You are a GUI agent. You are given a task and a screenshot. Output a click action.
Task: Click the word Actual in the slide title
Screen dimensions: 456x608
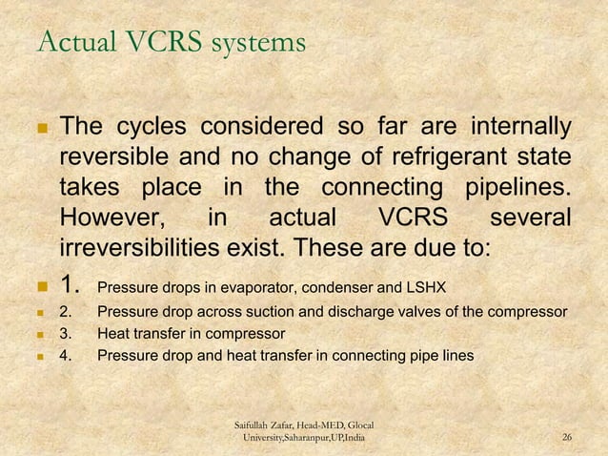tap(70, 43)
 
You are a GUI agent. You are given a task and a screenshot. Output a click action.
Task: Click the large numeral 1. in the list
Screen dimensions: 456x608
tap(71, 285)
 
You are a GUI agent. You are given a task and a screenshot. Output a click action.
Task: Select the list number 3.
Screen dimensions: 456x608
tap(66, 334)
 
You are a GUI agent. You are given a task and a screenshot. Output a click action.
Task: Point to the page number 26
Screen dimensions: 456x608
tap(568, 437)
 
